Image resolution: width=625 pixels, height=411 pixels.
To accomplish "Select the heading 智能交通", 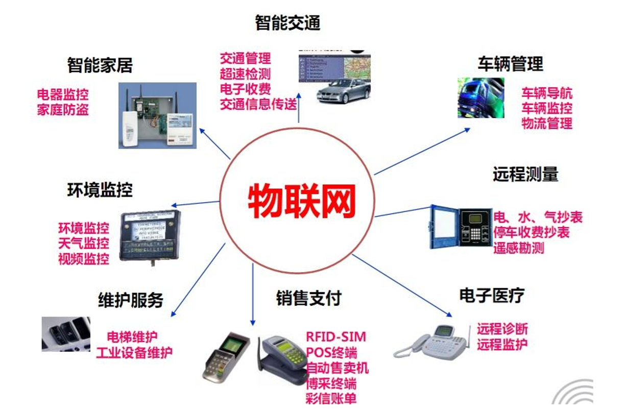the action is click(x=287, y=23).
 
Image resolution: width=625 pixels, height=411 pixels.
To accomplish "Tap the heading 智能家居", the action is click(x=100, y=65).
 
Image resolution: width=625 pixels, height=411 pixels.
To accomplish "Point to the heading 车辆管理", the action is click(x=510, y=64).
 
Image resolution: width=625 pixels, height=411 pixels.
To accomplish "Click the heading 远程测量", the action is click(x=525, y=175).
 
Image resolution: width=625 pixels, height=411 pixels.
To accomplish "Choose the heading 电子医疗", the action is click(x=492, y=295).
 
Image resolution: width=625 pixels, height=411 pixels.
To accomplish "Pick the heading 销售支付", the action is click(x=308, y=298).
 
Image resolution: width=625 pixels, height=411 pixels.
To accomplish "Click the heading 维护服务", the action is click(x=130, y=300).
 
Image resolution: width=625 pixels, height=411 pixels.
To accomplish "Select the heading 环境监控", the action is click(x=100, y=190).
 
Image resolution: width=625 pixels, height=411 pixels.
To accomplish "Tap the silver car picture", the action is click(x=343, y=91).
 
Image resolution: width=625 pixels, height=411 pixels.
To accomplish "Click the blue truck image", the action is click(x=480, y=98).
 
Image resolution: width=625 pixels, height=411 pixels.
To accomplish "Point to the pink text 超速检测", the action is click(x=245, y=74).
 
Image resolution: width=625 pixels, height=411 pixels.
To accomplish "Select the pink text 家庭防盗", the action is click(x=63, y=109).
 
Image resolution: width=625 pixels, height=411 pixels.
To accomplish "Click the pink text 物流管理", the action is click(x=547, y=123).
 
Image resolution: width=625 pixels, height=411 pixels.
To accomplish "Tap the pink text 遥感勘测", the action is click(x=518, y=248).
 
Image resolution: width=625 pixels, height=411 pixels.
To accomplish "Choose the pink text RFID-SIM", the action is click(x=336, y=337).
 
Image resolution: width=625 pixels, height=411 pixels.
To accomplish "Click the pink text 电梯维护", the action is click(x=132, y=337).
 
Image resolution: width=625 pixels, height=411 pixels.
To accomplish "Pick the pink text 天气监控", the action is click(x=83, y=243).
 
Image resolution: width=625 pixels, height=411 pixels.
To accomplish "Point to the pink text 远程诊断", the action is click(x=502, y=329).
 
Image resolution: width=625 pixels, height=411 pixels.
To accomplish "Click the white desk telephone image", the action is click(x=433, y=342).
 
